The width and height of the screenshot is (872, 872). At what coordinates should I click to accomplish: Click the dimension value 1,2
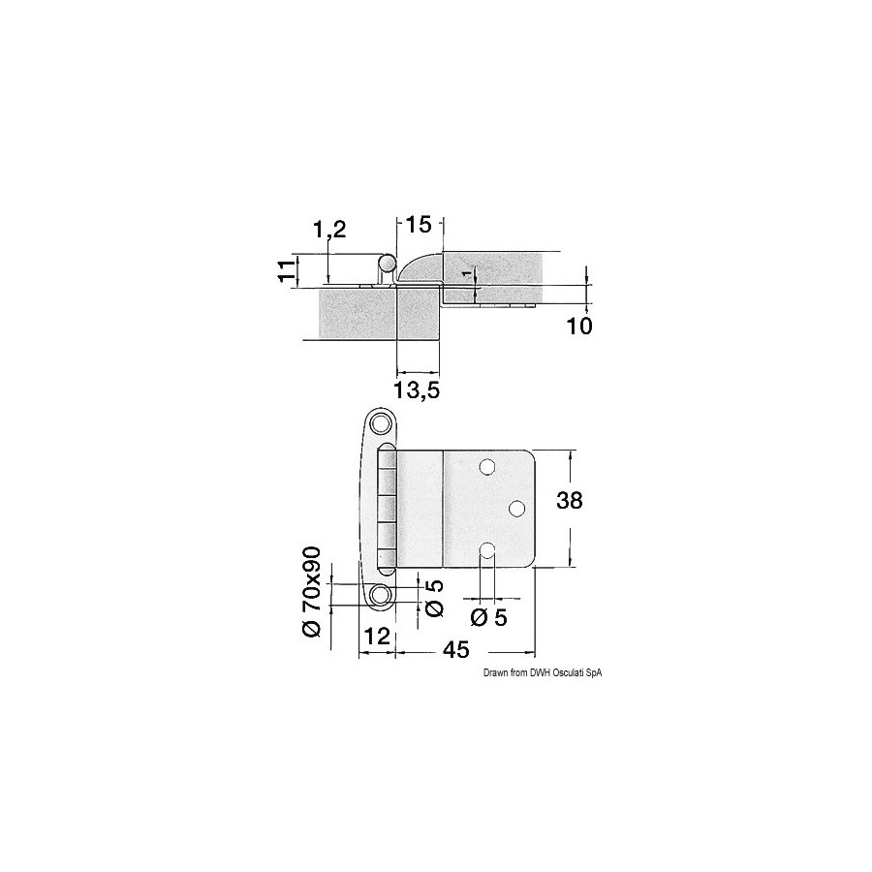pyautogui.click(x=329, y=229)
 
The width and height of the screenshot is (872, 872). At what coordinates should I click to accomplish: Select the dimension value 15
pyautogui.click(x=419, y=225)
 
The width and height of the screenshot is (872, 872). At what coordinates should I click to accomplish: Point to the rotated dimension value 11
pyautogui.click(x=285, y=271)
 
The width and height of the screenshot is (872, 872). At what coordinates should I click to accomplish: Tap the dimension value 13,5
pyautogui.click(x=417, y=389)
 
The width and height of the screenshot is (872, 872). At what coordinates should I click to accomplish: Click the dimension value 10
pyautogui.click(x=579, y=326)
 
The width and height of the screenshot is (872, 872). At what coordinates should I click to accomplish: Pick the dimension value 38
pyautogui.click(x=570, y=501)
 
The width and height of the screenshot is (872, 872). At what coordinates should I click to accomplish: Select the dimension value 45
pyautogui.click(x=456, y=649)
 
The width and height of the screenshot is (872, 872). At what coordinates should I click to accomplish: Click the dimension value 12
pyautogui.click(x=377, y=636)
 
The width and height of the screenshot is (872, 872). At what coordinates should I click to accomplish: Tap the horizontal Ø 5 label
pyautogui.click(x=489, y=617)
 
